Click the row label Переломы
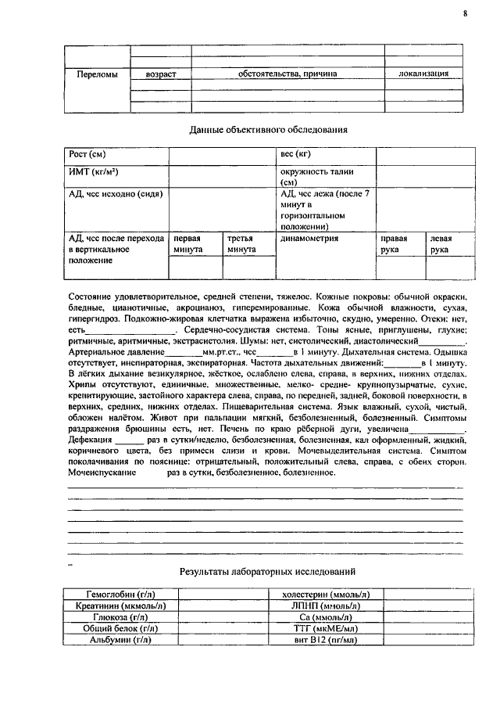tap(98, 74)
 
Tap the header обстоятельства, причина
tap(287, 74)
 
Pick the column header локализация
tap(423, 74)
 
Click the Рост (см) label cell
tap(87, 153)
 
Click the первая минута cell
tap(188, 243)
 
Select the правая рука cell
tap(394, 243)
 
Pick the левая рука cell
tap(441, 243)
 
